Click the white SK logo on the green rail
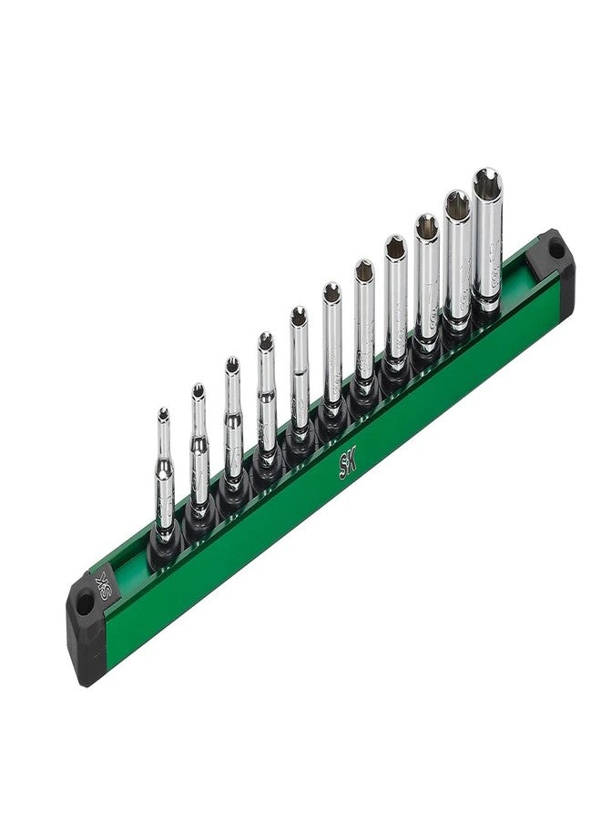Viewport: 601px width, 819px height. [x=348, y=463]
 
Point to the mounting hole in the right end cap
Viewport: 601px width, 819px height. [x=555, y=247]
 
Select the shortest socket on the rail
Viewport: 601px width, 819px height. [x=164, y=482]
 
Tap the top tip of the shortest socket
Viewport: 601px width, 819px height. [x=163, y=415]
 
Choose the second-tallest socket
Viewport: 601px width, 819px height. [x=457, y=259]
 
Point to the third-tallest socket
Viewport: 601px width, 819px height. [x=426, y=282]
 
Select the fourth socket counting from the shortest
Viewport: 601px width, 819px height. [x=266, y=400]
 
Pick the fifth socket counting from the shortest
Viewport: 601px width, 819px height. [x=299, y=373]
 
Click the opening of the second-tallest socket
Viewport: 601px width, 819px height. [x=457, y=203]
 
